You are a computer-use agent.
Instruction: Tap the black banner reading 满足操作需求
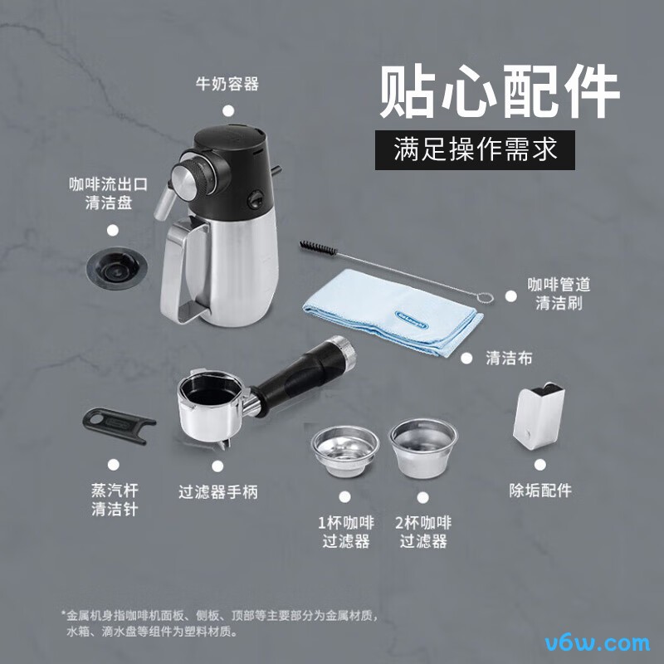point(475,150)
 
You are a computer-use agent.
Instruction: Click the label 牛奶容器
point(227,84)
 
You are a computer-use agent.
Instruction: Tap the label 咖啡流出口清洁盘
point(109,193)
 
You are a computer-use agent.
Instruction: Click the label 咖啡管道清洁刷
point(559,294)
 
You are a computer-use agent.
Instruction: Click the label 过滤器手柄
point(218,491)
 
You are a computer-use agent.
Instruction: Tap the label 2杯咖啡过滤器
point(424,532)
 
